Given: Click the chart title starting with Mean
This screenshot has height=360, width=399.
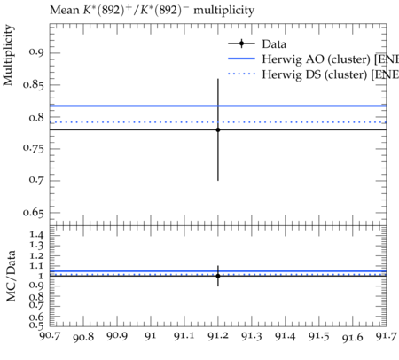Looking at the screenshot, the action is (152, 11).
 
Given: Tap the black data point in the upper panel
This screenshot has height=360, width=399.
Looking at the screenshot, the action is (218, 129).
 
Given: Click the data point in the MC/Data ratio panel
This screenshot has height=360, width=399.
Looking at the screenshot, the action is (218, 276).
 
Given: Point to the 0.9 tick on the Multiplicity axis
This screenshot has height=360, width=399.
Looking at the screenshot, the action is (36, 52).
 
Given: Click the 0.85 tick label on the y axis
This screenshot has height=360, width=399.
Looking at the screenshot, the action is (34, 84).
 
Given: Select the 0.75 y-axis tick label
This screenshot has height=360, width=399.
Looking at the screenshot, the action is (34, 148).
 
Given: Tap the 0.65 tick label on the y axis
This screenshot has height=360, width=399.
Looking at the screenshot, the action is (34, 212).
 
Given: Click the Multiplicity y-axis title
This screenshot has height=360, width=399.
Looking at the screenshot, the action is (8, 55).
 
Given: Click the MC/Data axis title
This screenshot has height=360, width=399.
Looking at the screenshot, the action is (11, 276).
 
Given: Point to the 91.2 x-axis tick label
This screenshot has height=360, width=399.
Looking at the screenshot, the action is (218, 336).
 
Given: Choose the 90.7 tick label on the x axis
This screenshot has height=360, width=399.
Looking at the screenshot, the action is (51, 336).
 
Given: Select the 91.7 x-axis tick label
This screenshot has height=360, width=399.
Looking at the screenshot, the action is (386, 336).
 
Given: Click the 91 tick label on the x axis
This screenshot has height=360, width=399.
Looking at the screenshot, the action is (151, 336).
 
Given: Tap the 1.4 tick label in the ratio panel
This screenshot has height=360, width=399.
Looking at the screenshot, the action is (37, 235).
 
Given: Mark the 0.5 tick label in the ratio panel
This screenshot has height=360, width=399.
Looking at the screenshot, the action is (36, 325).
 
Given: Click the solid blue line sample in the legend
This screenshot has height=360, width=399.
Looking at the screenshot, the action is (241, 59).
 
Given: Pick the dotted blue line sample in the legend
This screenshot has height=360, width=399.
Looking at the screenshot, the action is (241, 74).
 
